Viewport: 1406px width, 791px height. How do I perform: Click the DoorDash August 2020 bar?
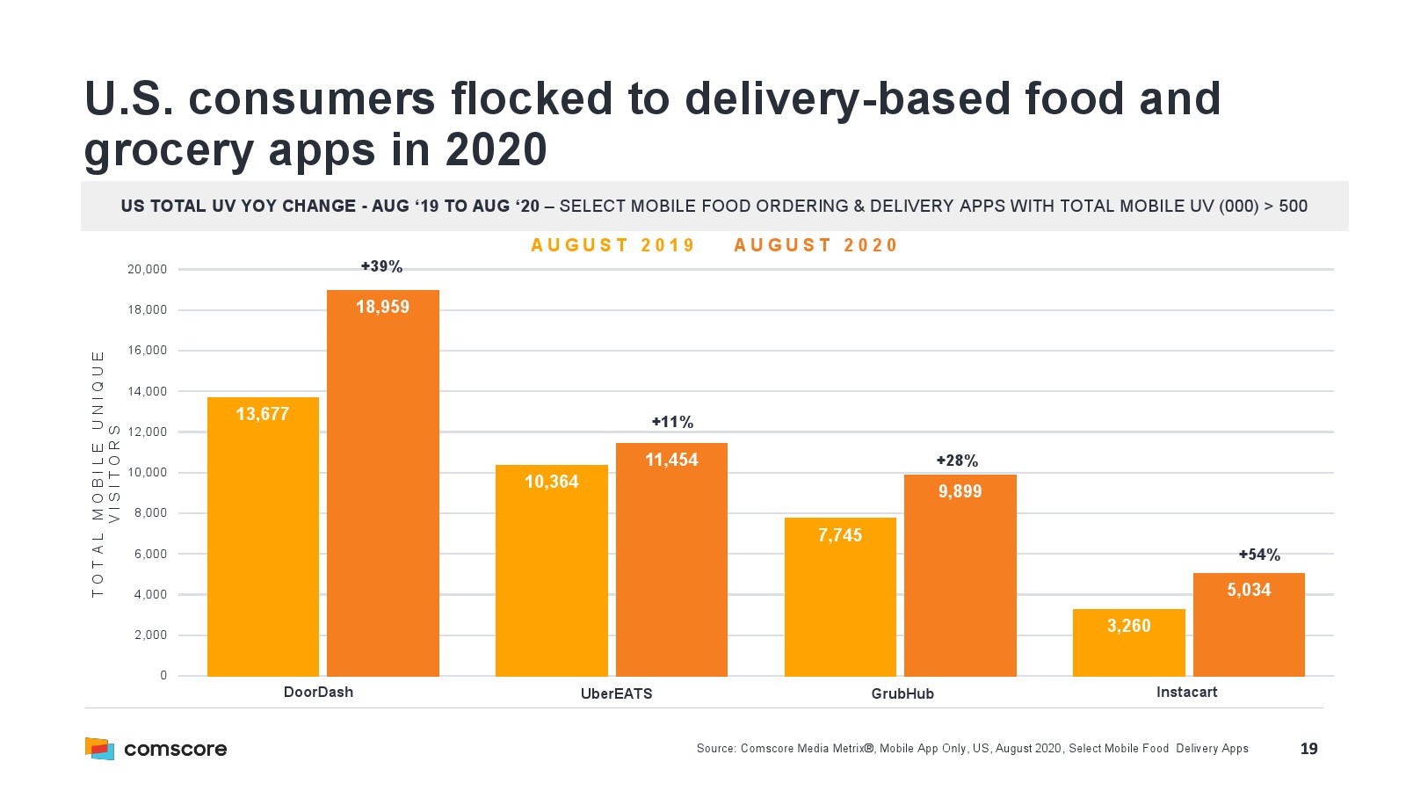point(382,483)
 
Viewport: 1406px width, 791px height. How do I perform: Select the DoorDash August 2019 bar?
point(263,536)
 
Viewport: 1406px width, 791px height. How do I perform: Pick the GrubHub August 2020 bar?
point(960,575)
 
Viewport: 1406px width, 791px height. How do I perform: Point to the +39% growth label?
point(381,266)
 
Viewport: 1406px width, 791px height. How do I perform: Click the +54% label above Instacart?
point(1258,555)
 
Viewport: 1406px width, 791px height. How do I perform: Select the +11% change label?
point(672,422)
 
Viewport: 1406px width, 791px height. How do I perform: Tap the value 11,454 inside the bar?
point(671,460)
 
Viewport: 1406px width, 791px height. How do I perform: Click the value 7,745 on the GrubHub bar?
point(840,535)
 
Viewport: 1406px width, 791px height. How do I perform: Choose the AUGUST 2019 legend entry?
point(612,245)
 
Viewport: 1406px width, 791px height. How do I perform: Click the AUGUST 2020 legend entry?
point(815,245)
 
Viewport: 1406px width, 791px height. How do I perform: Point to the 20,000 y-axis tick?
point(147,269)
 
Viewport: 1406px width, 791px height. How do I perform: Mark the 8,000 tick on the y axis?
point(150,513)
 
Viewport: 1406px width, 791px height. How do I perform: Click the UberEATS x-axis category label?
point(616,693)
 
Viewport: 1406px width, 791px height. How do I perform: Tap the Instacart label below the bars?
point(1186,692)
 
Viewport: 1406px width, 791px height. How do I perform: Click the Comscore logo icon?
point(99,748)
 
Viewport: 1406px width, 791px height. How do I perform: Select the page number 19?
point(1308,749)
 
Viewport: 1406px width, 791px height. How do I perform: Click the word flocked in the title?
point(532,98)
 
